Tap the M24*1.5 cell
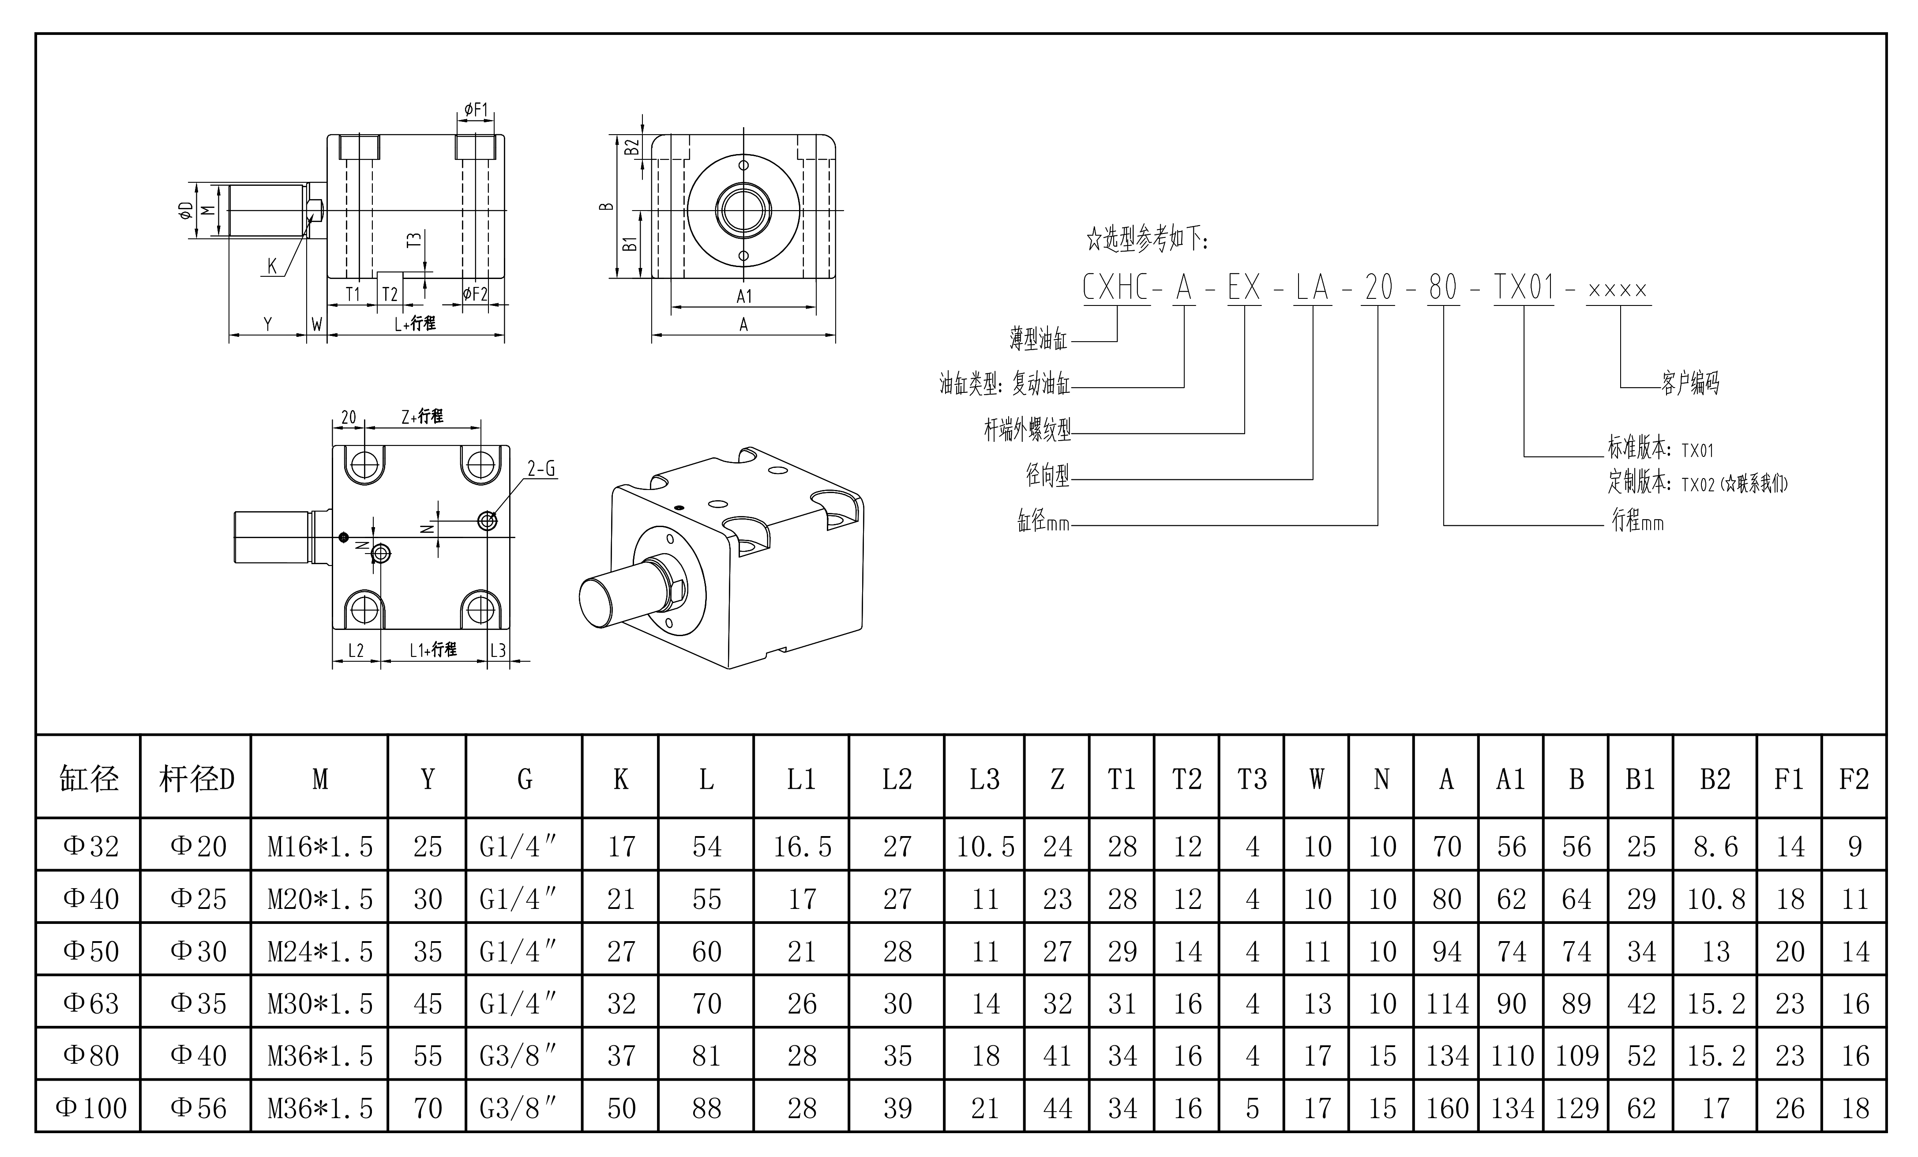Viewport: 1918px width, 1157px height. (x=320, y=951)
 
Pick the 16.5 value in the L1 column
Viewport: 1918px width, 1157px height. (x=802, y=846)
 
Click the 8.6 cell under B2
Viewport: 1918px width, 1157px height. (x=1715, y=846)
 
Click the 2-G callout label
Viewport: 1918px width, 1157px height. (x=541, y=469)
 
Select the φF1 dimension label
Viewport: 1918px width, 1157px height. (x=476, y=110)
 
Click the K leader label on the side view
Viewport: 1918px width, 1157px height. (x=272, y=266)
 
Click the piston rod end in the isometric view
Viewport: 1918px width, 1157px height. (x=601, y=602)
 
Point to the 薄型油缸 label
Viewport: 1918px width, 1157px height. (x=1038, y=339)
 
